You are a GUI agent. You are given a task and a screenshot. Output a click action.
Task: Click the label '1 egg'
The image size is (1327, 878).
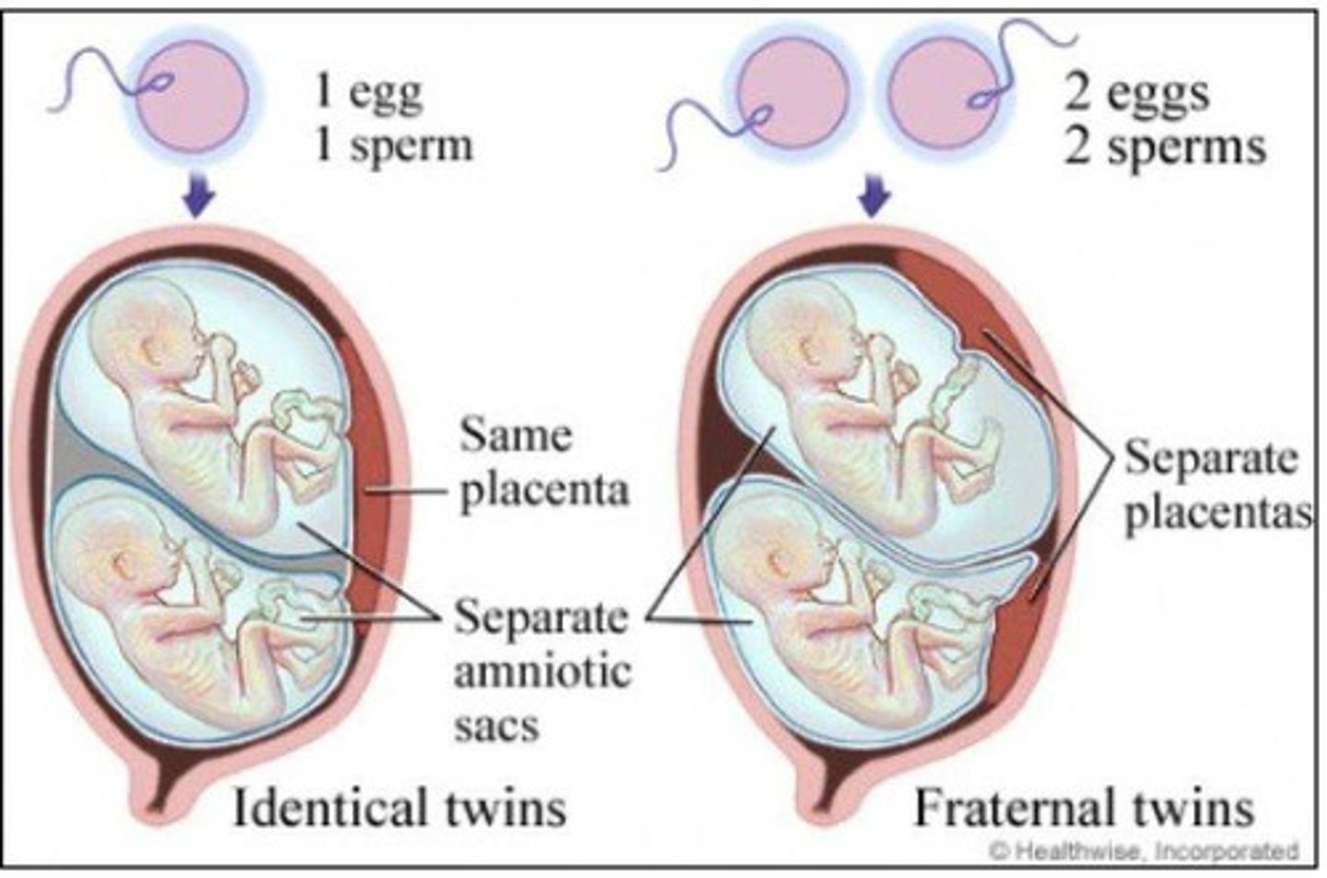[x=369, y=93]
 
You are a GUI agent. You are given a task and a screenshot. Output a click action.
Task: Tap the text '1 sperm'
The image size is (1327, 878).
[x=393, y=146]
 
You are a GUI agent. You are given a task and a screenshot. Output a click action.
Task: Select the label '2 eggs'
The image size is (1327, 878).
[x=1137, y=93]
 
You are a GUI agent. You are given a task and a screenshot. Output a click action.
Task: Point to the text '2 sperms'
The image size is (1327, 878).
[x=1165, y=146]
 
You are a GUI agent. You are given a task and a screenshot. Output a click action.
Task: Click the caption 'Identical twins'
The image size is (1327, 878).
[x=399, y=807]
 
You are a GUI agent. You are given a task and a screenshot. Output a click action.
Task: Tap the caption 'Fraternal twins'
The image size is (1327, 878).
[x=1083, y=807]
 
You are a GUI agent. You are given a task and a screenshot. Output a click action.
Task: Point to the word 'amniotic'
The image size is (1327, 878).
[x=543, y=671]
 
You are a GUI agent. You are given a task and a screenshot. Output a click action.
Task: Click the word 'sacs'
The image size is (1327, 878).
[x=496, y=725]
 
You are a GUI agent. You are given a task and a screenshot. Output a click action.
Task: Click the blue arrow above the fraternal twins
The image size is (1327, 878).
[x=875, y=196]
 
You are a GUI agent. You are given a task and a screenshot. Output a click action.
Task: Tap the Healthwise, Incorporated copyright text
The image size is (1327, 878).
[x=1144, y=850]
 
